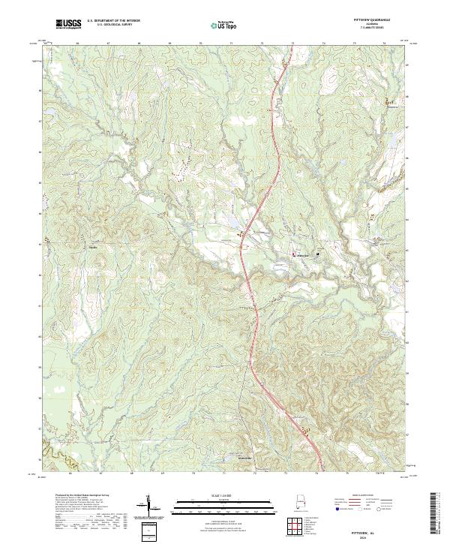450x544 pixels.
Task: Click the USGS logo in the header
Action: click(x=68, y=25)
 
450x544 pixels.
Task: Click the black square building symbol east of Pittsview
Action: click(x=318, y=254)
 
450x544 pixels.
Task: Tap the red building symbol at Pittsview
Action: click(x=293, y=256)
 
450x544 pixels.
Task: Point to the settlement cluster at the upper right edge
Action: click(x=389, y=102)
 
